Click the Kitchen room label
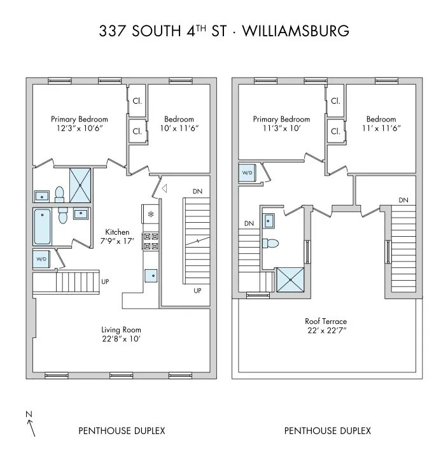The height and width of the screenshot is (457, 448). [117, 232]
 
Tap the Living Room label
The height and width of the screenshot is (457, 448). [121, 330]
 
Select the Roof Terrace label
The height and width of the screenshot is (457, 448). [326, 321]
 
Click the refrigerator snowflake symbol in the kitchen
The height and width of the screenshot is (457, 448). [151, 213]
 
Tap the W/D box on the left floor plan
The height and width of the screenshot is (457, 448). [41, 259]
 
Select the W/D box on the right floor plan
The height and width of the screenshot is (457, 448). [246, 172]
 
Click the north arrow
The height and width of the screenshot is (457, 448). [31, 426]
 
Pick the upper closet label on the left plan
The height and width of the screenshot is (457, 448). [137, 101]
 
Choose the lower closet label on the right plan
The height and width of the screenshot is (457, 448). [335, 132]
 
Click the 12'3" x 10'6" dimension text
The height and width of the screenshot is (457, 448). [80, 128]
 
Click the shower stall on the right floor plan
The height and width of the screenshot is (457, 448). [290, 279]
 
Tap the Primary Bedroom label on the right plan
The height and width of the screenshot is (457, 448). [281, 119]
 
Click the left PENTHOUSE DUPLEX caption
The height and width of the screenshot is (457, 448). [122, 431]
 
